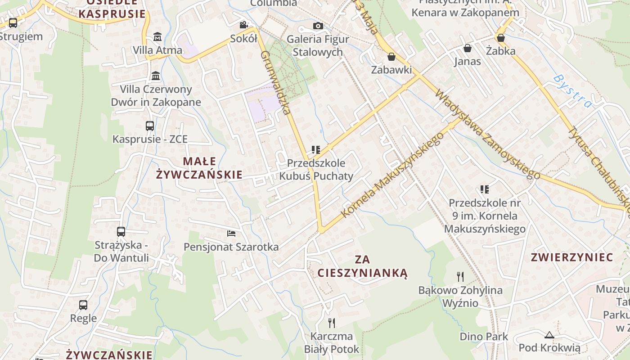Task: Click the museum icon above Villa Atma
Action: coord(157,36)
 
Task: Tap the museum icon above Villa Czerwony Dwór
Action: coord(156,76)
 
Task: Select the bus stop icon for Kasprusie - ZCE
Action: coord(150,126)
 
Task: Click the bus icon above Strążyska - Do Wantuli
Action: coord(121,232)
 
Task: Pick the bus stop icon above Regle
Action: coord(83,305)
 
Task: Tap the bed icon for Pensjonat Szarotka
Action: coord(231,233)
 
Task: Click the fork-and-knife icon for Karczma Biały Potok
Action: coord(332,323)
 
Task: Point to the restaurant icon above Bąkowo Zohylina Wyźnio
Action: coord(460,276)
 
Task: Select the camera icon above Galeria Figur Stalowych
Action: coord(318,26)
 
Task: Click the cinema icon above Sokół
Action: coord(243,25)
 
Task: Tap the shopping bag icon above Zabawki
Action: coord(391,56)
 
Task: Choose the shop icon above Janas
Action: coord(468,48)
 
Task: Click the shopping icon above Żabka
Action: coord(500,38)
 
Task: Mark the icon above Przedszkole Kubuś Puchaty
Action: coord(315,149)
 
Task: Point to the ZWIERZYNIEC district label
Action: coord(572,257)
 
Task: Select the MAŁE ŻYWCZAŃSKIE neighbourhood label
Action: coord(199,168)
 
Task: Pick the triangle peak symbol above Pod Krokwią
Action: coord(549,335)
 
